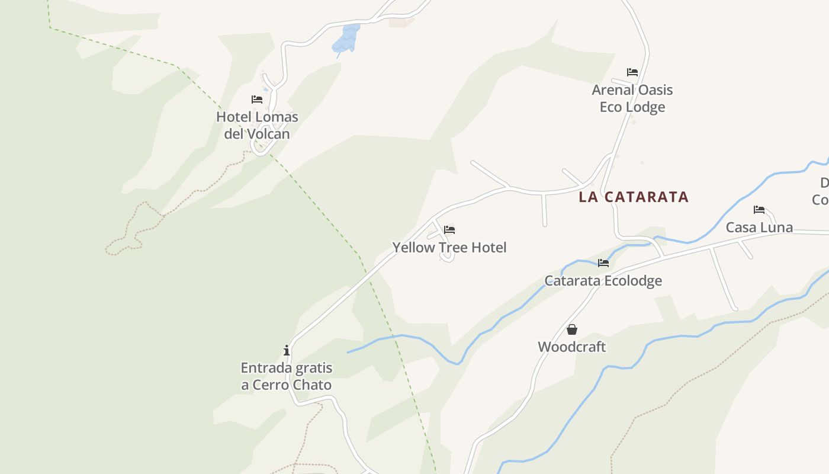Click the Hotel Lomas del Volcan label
257,125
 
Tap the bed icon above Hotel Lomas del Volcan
257,100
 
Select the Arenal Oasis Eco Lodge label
632,98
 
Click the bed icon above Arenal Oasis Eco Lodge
632,72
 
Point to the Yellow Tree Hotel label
449,247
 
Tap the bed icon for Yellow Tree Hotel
449,230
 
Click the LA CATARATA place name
634,197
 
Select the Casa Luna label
759,228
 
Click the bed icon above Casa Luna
759,210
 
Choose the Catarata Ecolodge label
603,280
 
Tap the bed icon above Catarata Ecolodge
603,263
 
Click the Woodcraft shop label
571,347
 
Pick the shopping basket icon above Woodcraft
572,329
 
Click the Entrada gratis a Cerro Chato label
287,376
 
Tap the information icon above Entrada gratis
287,351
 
